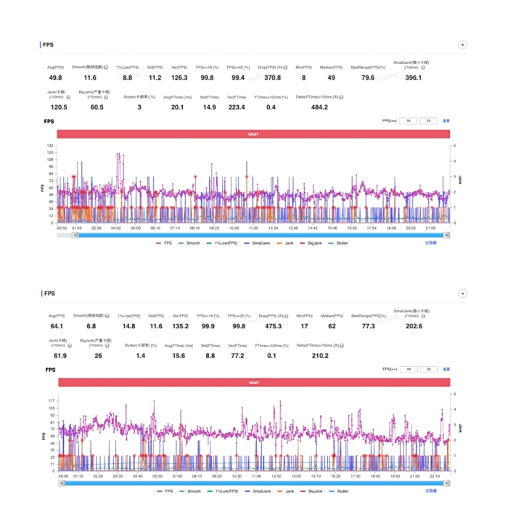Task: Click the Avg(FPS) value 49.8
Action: coord(56,78)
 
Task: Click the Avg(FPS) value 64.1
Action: coord(56,326)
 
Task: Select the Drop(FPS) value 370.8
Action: coord(273,78)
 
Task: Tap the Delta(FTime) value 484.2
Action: coord(319,107)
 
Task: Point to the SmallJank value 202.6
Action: coord(414,326)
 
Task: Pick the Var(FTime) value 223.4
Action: coord(237,107)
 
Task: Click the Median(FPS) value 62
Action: coord(332,326)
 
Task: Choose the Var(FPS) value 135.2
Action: coord(179,326)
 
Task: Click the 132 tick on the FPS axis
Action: coord(51,146)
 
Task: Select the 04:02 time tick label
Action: coord(116,228)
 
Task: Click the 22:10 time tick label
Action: coord(435,476)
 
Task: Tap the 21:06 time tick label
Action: coord(431,228)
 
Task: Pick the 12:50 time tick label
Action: coord(276,476)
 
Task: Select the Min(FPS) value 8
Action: coord(303,78)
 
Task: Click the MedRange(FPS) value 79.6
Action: coord(368,78)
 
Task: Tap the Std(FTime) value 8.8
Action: coord(209,356)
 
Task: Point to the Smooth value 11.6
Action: coord(90,78)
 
